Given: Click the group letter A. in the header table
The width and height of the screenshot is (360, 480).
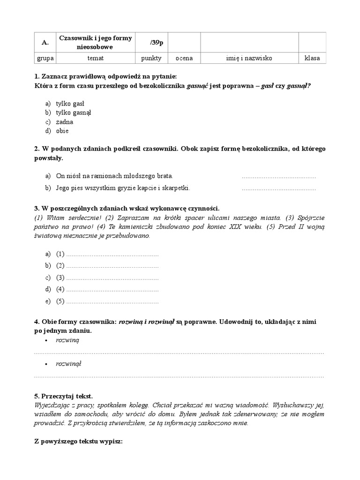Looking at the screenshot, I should [x=45, y=42].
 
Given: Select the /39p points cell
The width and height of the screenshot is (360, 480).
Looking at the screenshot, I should [x=151, y=42].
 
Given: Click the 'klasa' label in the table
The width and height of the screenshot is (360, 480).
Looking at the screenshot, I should [x=312, y=58].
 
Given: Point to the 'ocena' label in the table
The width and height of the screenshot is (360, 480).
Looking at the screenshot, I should [x=184, y=58].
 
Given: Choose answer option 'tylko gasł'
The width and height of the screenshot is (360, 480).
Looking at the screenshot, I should [x=70, y=103].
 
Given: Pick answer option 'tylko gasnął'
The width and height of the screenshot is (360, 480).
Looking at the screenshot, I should [x=74, y=112].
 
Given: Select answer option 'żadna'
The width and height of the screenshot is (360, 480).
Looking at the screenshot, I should [x=65, y=122].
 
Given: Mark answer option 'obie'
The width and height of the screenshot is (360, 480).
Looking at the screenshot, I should [x=62, y=131].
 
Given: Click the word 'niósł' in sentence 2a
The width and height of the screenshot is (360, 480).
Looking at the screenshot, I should [x=76, y=176].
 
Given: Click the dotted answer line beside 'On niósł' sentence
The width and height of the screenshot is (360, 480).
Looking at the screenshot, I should [x=278, y=177].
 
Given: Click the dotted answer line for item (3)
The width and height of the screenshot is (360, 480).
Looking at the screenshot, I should [x=112, y=278].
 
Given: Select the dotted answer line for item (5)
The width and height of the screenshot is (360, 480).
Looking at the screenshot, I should [x=112, y=302].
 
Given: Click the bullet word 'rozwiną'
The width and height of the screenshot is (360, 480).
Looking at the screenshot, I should [x=67, y=340].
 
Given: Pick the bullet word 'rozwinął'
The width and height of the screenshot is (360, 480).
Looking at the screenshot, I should [x=68, y=364].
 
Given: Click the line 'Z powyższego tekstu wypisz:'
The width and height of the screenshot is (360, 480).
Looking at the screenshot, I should [x=78, y=441].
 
